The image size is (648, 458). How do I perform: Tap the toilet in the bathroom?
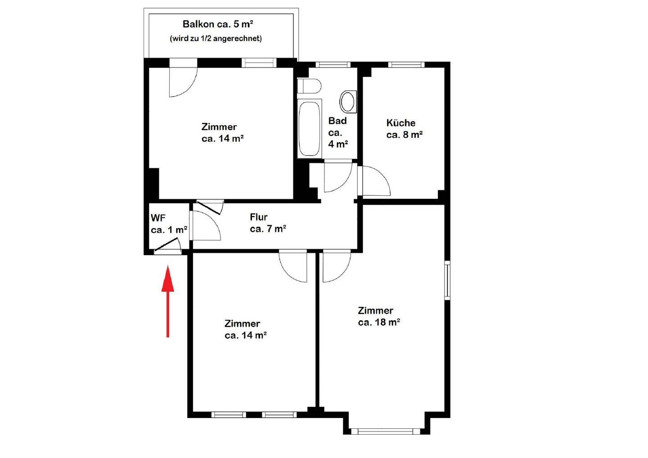(309, 86)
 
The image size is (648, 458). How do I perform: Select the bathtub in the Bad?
(310, 128)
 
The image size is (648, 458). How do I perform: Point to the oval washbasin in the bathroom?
(348, 102)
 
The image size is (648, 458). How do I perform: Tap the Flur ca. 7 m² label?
(268, 223)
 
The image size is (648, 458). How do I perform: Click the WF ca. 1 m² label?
(169, 224)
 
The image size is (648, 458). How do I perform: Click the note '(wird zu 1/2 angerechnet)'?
(216, 39)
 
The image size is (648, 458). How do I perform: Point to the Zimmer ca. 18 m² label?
(379, 316)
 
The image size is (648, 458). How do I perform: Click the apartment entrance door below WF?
(167, 247)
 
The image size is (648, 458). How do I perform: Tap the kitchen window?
(406, 65)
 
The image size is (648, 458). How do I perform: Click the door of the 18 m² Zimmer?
(336, 266)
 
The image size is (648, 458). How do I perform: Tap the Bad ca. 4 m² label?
(338, 132)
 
